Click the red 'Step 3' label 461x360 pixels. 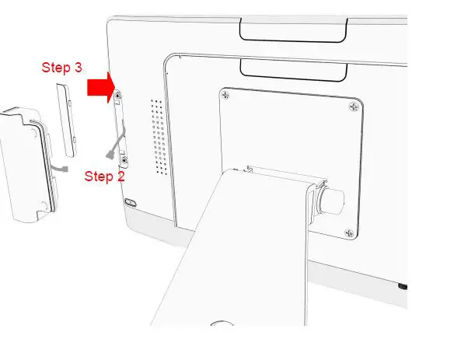pos(61,68)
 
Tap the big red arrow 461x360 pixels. pos(99,89)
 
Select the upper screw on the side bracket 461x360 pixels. pos(117,96)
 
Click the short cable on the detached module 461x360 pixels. pos(61,166)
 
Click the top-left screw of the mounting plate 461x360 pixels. pos(225,96)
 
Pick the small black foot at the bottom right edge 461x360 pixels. pos(403,286)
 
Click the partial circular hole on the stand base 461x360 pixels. pos(222,323)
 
